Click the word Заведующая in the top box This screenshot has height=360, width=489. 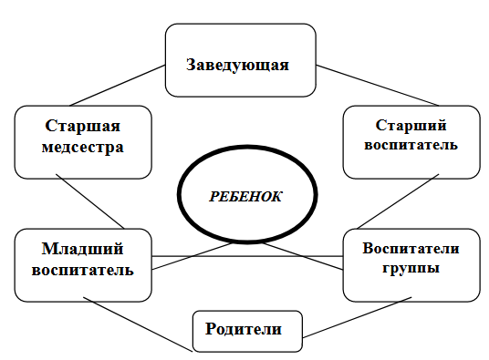coord(237,65)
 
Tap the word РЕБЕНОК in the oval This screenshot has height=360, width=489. coord(245,197)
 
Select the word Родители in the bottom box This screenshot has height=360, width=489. coord(244,329)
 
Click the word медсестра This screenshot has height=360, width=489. coord(83,147)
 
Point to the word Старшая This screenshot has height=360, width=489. coord(83,126)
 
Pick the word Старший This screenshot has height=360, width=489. coord(411,125)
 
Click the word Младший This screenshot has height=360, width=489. coord(83,249)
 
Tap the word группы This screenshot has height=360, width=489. coord(411,269)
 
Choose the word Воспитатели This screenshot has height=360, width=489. coord(411,248)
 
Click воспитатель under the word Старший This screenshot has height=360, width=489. coord(411,145)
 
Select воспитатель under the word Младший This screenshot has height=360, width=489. coord(83,270)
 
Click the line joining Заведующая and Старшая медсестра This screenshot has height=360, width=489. coord(118,86)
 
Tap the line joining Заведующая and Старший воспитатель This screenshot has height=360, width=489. coord(378,86)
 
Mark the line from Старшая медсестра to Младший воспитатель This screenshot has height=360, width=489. coord(90,201)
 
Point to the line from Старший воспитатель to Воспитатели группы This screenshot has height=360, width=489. coord(398,201)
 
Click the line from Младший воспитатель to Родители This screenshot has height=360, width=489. coord(138,324)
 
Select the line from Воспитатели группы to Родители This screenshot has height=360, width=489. coord(357,317)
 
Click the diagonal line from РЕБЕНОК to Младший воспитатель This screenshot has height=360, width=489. coord(192,256)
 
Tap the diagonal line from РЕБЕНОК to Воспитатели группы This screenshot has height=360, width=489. coord(303,256)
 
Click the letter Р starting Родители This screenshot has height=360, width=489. coord(211,329)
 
